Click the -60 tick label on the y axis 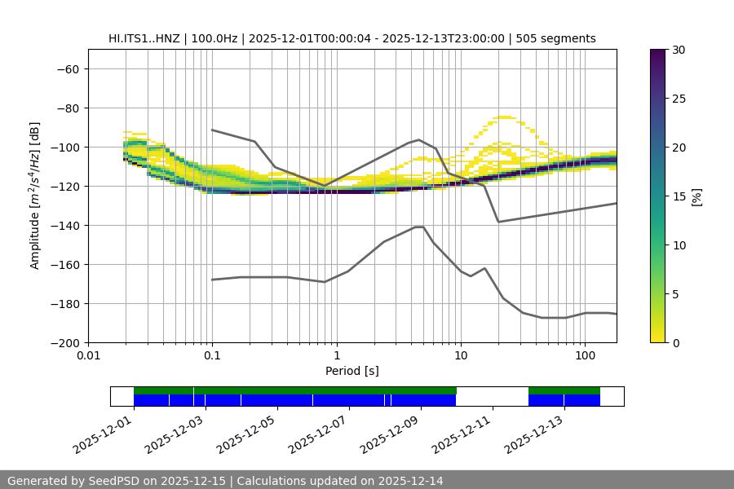[x=66, y=68]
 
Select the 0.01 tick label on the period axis [x=88, y=356]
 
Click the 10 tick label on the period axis [x=461, y=356]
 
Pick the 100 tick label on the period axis [x=585, y=356]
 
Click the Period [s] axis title [x=352, y=372]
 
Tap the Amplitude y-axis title [x=35, y=196]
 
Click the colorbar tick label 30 [x=679, y=50]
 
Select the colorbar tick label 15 [x=679, y=196]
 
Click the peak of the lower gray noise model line [x=419, y=227]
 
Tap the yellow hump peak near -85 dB [x=505, y=117]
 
